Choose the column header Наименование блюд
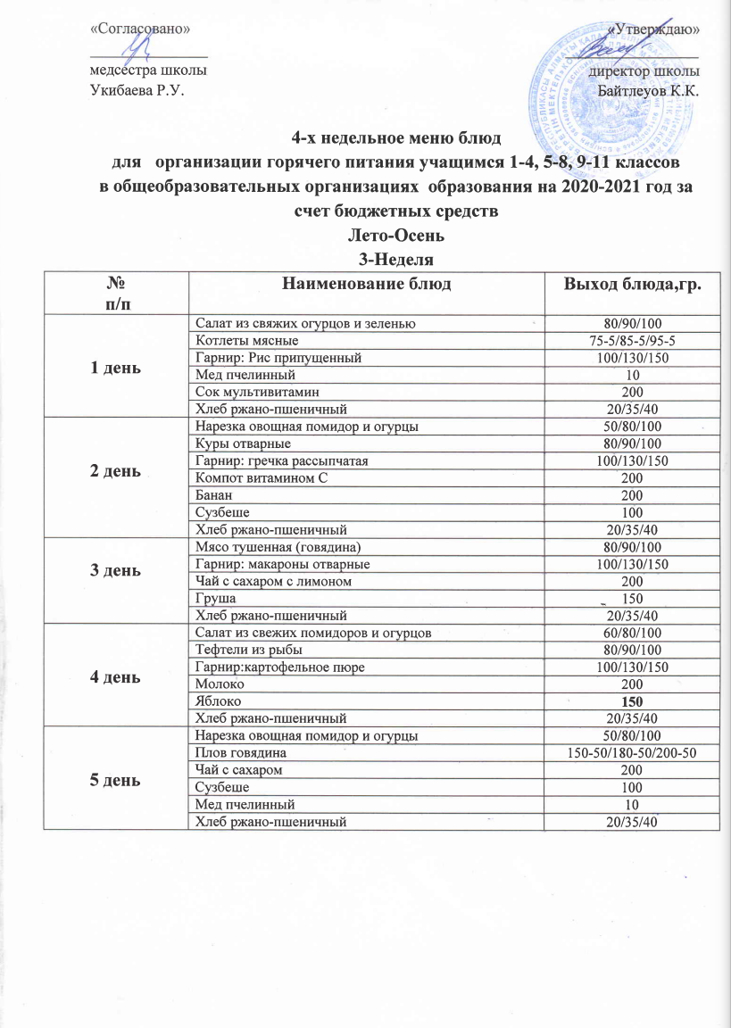[366, 286]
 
